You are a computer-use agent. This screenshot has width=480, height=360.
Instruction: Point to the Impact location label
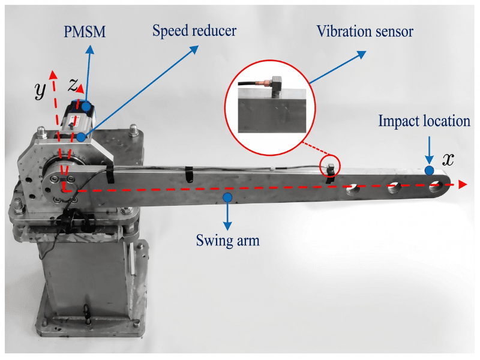pyautogui.click(x=424, y=121)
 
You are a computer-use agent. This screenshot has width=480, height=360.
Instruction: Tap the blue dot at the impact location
pyautogui.click(x=429, y=171)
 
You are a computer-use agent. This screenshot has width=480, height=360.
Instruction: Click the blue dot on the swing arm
pyautogui.click(x=227, y=196)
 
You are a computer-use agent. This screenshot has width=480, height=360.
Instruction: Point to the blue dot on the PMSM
pyautogui.click(x=86, y=107)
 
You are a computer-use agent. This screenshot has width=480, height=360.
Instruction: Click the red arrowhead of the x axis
pyautogui.click(x=463, y=185)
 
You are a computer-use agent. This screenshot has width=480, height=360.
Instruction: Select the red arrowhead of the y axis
pyautogui.click(x=53, y=74)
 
